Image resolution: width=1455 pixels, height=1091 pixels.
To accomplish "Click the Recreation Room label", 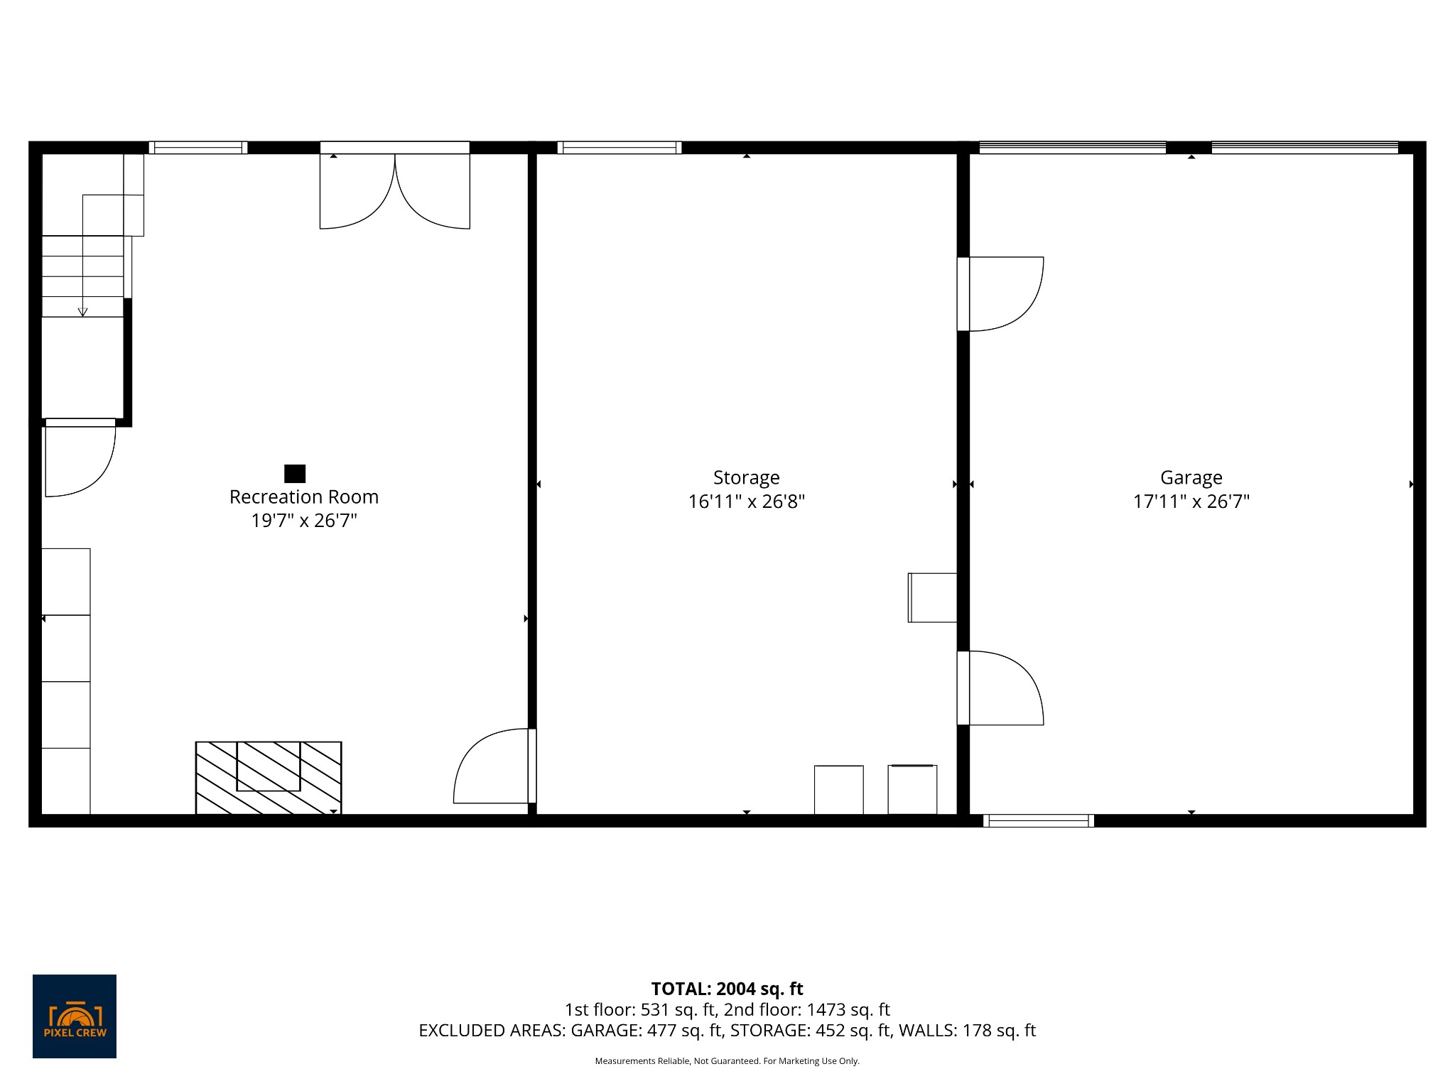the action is point(303,496).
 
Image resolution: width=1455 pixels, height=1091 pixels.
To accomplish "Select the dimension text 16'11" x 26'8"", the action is point(746,501).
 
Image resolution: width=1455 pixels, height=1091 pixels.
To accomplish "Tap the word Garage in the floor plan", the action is point(1191,477).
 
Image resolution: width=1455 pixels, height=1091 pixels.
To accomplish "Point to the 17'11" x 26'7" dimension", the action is point(1191,501).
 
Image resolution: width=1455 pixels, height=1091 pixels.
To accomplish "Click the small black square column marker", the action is point(295,473).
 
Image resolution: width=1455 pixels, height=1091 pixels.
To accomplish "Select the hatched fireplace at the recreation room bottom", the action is point(269,778).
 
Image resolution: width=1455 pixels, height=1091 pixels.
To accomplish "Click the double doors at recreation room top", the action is point(394,188).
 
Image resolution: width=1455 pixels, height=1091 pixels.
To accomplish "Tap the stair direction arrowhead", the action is point(82,311).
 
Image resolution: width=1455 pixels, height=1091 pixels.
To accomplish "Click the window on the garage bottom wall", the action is point(1038,821).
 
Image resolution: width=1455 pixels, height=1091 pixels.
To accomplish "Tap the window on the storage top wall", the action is point(619,148).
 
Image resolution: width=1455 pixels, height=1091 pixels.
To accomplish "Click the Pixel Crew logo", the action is point(75,1016).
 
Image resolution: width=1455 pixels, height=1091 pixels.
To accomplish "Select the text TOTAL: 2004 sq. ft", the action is point(727,989).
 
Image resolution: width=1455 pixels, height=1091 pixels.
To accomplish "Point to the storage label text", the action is point(746,477).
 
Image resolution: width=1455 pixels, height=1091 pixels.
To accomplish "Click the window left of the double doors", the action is point(198,148).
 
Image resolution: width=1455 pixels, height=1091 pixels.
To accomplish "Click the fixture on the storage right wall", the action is point(932,597).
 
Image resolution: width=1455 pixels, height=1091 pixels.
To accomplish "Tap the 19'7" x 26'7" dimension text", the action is point(303,521).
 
